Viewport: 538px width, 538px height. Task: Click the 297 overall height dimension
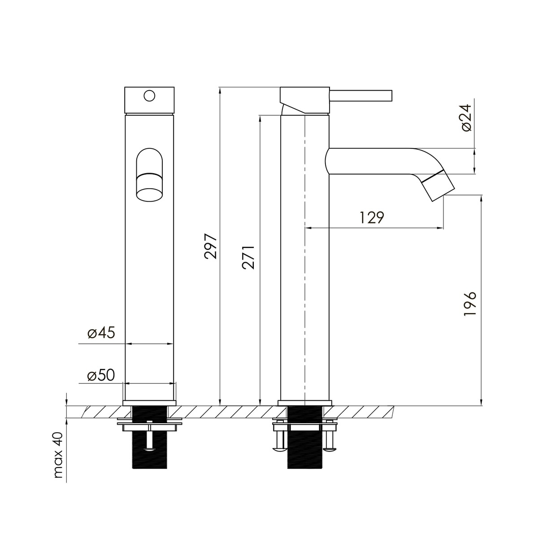(x=211, y=247)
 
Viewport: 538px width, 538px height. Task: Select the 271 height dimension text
(x=248, y=257)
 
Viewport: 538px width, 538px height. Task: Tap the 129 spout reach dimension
(x=372, y=217)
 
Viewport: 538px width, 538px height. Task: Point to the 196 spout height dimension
(x=469, y=304)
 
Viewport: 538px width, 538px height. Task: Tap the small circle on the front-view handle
(x=149, y=96)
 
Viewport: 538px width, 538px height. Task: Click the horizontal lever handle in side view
(x=361, y=95)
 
